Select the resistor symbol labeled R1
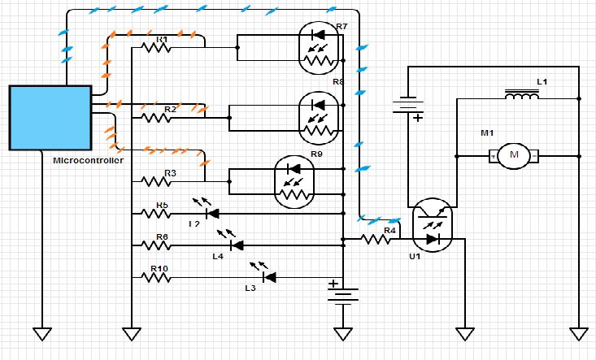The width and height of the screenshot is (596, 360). coord(155,47)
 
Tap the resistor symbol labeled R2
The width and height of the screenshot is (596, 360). coord(155,117)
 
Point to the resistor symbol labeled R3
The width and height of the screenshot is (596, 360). coord(155,180)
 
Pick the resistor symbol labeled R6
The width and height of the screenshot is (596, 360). coord(155,245)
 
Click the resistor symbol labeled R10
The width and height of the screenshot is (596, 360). coord(155,277)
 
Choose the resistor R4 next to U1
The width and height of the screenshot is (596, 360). coord(377,239)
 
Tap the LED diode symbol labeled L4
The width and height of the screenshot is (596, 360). coord(236,245)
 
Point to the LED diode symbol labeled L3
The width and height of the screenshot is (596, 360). coord(268,277)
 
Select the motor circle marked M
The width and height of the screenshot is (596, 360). coord(512,154)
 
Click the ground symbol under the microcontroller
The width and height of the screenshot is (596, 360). coord(41,333)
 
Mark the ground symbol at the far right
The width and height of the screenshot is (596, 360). coord(578,333)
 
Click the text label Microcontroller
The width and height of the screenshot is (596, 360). coord(88,160)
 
